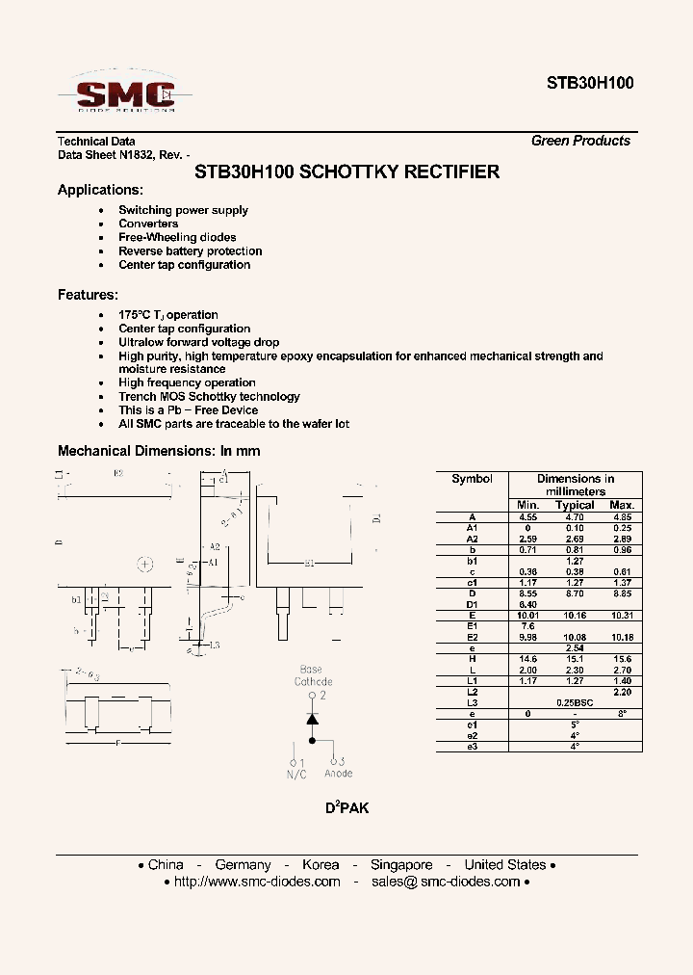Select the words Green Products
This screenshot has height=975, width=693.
pyautogui.click(x=580, y=141)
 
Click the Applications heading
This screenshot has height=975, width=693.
pyautogui.click(x=100, y=190)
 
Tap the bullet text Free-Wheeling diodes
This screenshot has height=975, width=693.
pyautogui.click(x=177, y=237)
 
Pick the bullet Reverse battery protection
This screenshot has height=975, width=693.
pyautogui.click(x=190, y=251)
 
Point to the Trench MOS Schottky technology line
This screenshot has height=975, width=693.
pyautogui.click(x=209, y=396)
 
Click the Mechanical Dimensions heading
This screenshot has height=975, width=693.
pyautogui.click(x=159, y=451)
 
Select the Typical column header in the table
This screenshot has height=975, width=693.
pyautogui.click(x=575, y=505)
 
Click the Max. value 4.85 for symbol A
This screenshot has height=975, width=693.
pyautogui.click(x=622, y=517)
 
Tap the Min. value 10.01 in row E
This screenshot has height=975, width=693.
pyautogui.click(x=527, y=615)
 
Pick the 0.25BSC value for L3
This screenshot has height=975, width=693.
pyautogui.click(x=575, y=702)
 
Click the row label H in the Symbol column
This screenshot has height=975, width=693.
pyautogui.click(x=472, y=658)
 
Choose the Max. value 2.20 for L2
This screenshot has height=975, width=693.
pyautogui.click(x=622, y=692)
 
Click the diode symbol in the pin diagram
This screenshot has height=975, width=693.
pyautogui.click(x=312, y=719)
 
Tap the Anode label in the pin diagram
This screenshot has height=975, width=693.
pyautogui.click(x=338, y=773)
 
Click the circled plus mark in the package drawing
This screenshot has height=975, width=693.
pyautogui.click(x=145, y=564)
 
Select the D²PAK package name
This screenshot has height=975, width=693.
pyautogui.click(x=346, y=808)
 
